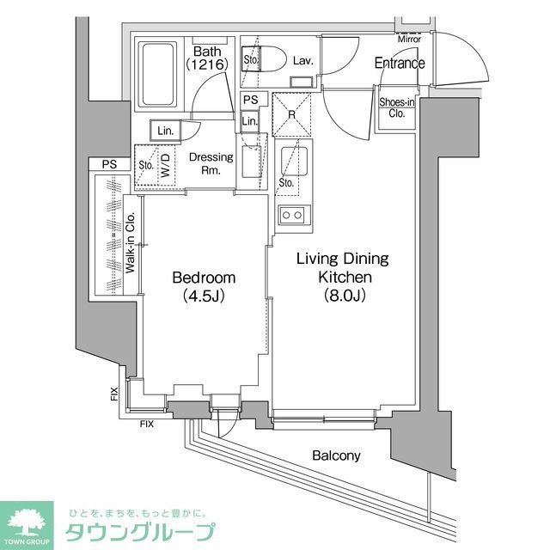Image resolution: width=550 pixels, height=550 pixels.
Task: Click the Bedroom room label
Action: [203, 278]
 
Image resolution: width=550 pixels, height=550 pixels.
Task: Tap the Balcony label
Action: [336, 456]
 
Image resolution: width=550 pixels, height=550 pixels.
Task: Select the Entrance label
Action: [399, 63]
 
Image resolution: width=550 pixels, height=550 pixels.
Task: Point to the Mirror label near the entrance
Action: [409, 39]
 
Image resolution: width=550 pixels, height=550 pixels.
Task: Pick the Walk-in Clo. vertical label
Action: [131, 244]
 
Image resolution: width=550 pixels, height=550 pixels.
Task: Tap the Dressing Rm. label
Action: [206, 163]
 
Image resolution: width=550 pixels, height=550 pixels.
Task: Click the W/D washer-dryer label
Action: [165, 164]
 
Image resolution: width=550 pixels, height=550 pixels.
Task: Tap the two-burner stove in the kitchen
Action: [291, 215]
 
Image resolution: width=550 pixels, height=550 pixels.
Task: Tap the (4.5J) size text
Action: [203, 297]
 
